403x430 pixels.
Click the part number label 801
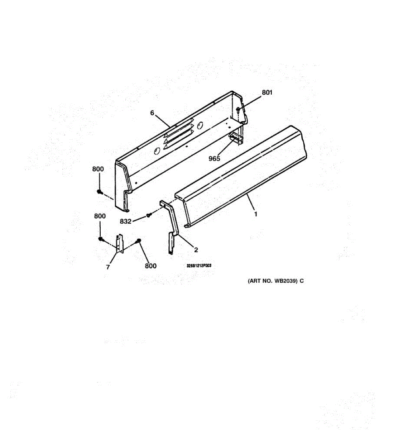pyautogui.click(x=267, y=92)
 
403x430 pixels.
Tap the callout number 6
pyautogui.click(x=152, y=113)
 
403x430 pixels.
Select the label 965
pyautogui.click(x=214, y=158)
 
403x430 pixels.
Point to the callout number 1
pyautogui.click(x=255, y=214)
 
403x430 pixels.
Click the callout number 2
pyautogui.click(x=196, y=250)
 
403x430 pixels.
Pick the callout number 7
pyautogui.click(x=108, y=267)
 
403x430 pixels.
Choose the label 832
pyautogui.click(x=125, y=221)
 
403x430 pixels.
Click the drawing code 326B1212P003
pyautogui.click(x=199, y=266)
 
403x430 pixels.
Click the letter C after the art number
pyautogui.click(x=302, y=281)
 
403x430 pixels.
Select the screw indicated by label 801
pyautogui.click(x=238, y=109)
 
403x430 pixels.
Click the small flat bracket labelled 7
pyautogui.click(x=120, y=244)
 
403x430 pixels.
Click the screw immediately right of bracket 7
pyautogui.click(x=139, y=241)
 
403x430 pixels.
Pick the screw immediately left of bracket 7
pyautogui.click(x=100, y=239)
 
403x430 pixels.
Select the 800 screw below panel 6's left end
pyautogui.click(x=99, y=192)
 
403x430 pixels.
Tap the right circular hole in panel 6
pyautogui.click(x=200, y=125)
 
